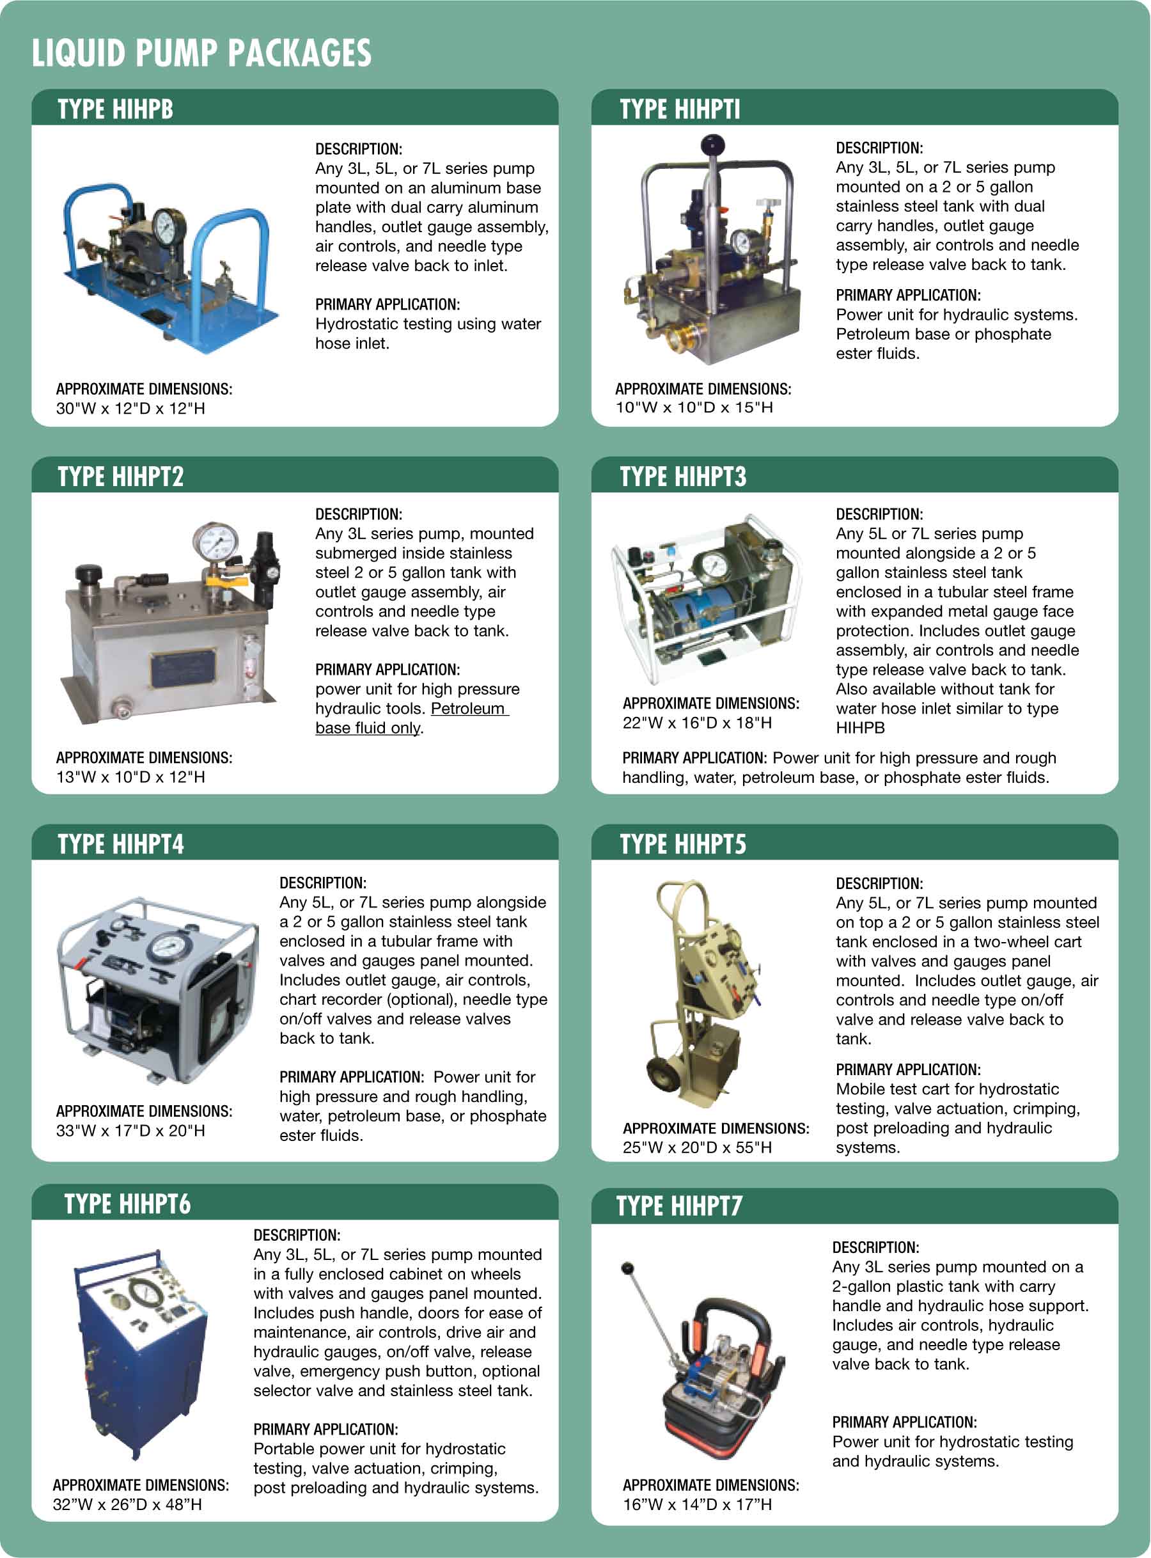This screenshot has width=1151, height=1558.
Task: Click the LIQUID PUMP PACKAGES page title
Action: pos(201,54)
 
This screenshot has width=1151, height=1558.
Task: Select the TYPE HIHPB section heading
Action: pos(116,109)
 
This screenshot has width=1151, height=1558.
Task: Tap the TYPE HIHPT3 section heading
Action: pos(683,476)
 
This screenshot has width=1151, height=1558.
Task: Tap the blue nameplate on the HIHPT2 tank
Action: pos(182,668)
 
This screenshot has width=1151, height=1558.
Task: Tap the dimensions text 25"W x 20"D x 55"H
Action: pos(698,1147)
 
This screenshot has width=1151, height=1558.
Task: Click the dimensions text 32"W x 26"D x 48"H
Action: pos(127,1504)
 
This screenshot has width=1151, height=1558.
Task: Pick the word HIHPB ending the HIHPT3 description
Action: pos(860,728)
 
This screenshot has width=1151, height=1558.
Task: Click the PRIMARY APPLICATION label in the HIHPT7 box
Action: pos(904,1422)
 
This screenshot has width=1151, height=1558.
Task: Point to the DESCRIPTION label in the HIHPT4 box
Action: pos(322,883)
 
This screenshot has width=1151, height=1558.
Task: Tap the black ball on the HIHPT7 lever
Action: pos(627,1268)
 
